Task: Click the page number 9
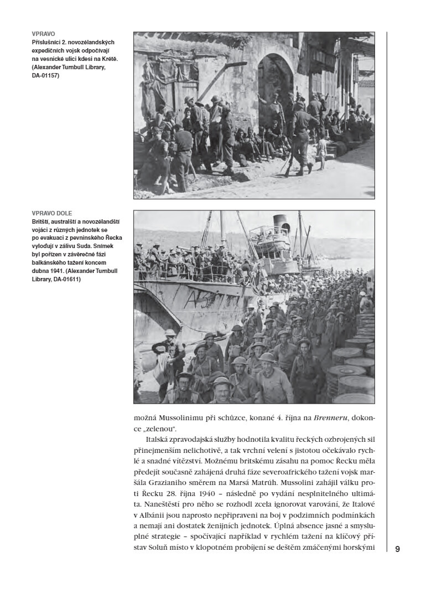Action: click(397, 549)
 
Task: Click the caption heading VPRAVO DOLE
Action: click(52, 213)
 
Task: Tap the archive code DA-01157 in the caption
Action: click(45, 75)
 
